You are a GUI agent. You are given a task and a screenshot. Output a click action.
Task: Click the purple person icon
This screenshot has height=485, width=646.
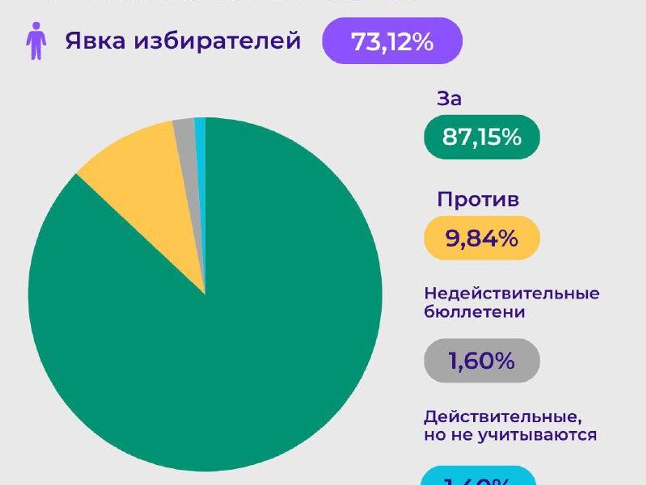pyautogui.click(x=36, y=41)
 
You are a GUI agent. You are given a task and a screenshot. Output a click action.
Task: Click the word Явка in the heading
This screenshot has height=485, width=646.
pyautogui.click(x=95, y=41)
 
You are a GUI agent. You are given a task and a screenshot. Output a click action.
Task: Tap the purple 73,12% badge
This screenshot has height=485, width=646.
pyautogui.click(x=392, y=41)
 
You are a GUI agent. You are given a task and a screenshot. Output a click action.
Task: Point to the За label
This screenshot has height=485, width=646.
pyautogui.click(x=449, y=99)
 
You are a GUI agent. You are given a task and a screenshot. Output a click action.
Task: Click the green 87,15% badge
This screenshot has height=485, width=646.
pyautogui.click(x=481, y=137)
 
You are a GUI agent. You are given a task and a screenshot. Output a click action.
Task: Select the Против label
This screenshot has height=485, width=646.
pyautogui.click(x=478, y=199)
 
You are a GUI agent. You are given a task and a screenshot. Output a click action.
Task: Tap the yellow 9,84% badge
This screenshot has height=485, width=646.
pyautogui.click(x=481, y=238)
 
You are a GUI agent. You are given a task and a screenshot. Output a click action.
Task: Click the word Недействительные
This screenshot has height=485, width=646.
pyautogui.click(x=511, y=293)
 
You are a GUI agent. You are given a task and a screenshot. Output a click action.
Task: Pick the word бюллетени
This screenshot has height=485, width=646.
pyautogui.click(x=474, y=312)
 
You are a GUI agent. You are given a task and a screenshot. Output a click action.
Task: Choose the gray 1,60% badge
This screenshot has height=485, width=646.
pyautogui.click(x=481, y=360)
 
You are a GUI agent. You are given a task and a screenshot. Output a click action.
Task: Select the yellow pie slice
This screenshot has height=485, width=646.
pyautogui.click(x=145, y=188)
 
